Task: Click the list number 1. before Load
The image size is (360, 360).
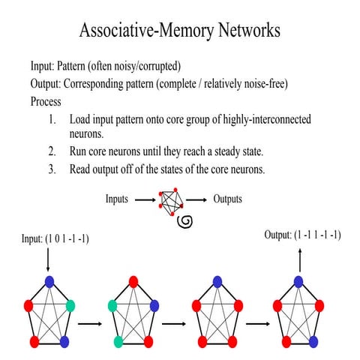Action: click(52, 119)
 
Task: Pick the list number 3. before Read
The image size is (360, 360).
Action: click(52, 169)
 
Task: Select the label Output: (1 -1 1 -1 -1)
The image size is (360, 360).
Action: click(302, 235)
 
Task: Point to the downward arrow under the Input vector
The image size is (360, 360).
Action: click(48, 259)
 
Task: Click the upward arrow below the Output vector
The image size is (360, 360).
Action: click(299, 260)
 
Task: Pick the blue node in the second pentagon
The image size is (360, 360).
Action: click(154, 305)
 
